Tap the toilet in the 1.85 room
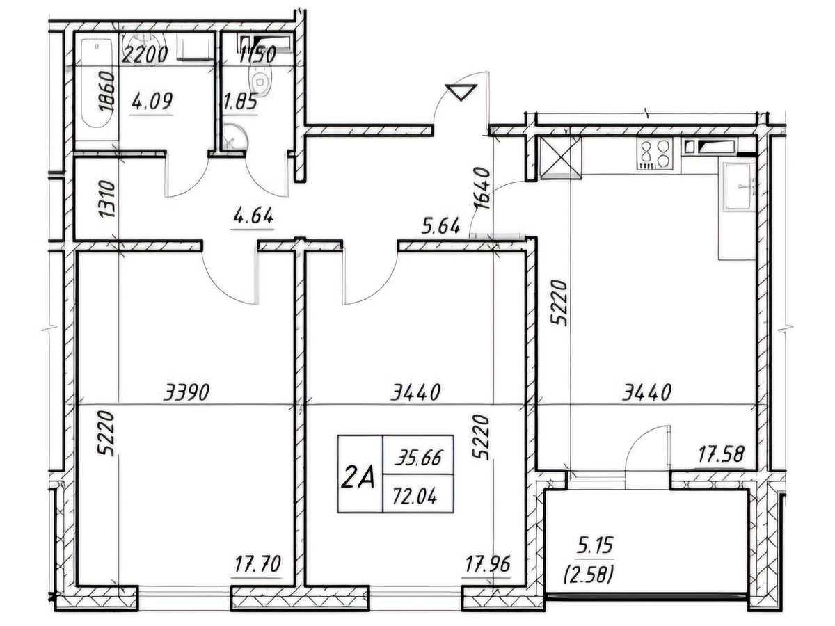pos(260,81)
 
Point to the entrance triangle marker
pos(461,92)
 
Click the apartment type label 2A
pos(358,479)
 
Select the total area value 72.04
pos(414,496)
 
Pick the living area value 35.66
pos(418,458)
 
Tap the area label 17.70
pos(257,563)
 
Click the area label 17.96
pos(488,563)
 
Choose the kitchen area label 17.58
pos(722,454)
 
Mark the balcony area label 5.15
pos(594,545)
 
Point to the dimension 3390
pos(186,392)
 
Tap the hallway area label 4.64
pos(253,217)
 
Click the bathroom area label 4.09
pos(152,102)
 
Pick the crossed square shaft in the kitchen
pos(561,157)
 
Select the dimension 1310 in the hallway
pos(106,199)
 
